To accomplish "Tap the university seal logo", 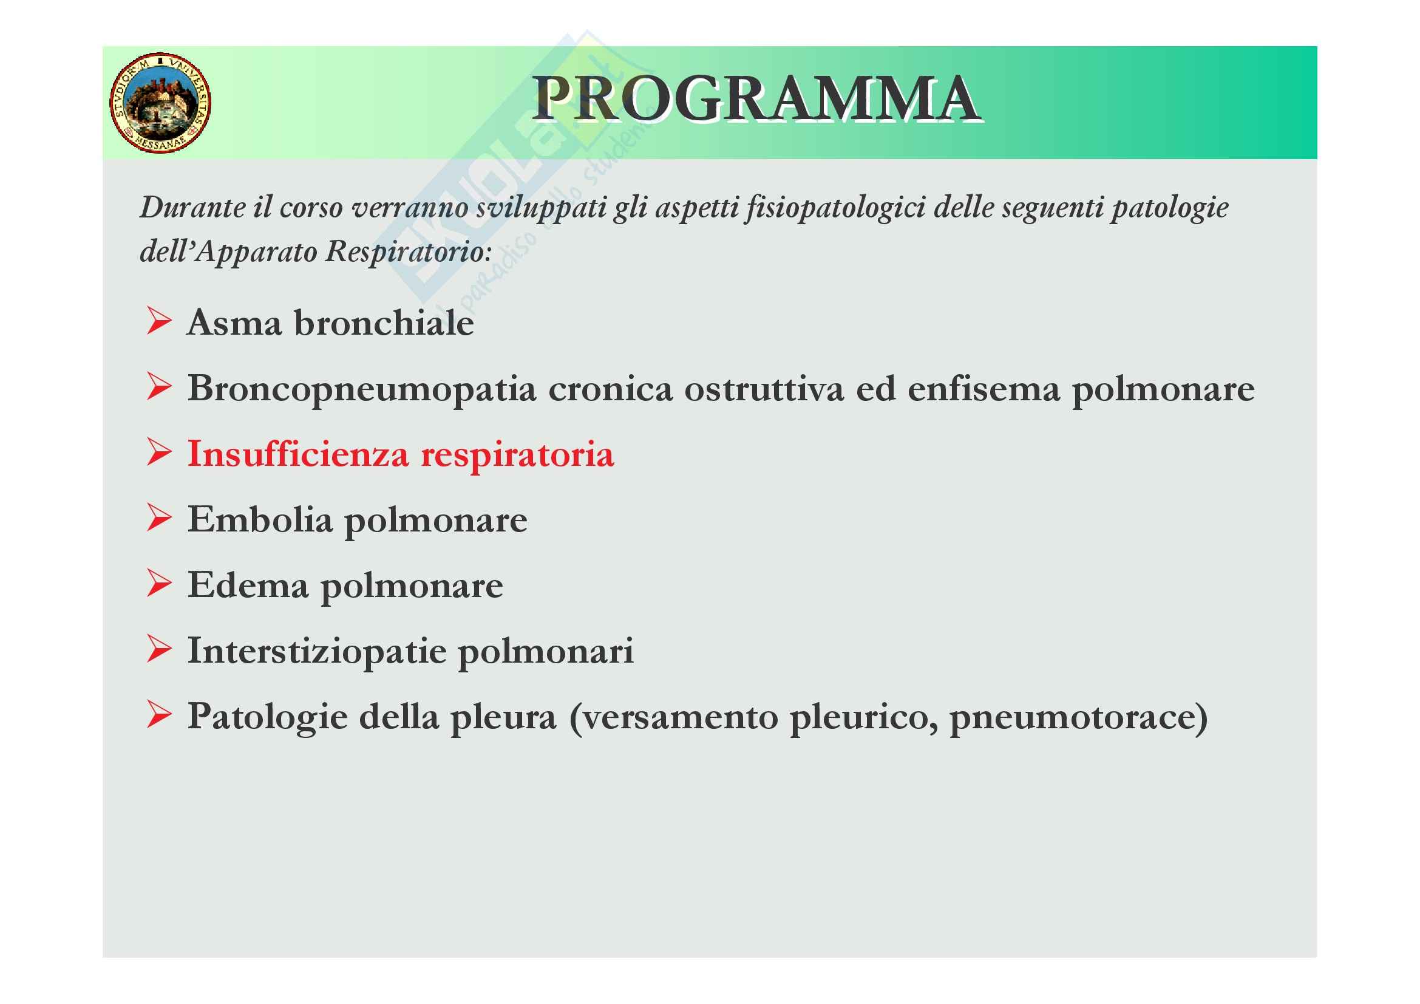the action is [x=161, y=103].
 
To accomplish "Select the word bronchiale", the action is [x=384, y=323].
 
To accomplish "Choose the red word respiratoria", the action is [x=517, y=456].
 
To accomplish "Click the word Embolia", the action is [x=260, y=519].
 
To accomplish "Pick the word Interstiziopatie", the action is [x=317, y=652].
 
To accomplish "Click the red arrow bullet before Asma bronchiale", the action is [x=159, y=321].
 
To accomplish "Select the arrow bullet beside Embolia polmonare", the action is [x=159, y=517].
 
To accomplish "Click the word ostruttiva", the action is [x=764, y=389].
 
